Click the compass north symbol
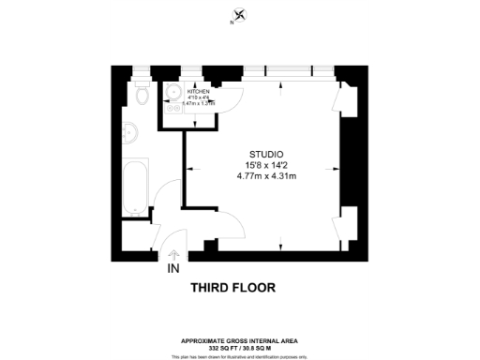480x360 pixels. coord(240,14)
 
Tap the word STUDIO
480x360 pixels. coord(266,154)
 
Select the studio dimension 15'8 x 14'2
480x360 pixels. coord(266,165)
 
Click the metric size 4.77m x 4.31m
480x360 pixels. coord(266,176)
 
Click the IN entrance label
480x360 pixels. coord(173,269)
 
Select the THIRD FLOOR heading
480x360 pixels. coord(232,288)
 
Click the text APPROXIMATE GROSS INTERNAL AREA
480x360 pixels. coord(240,339)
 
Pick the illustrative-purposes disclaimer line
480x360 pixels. coord(240,354)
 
